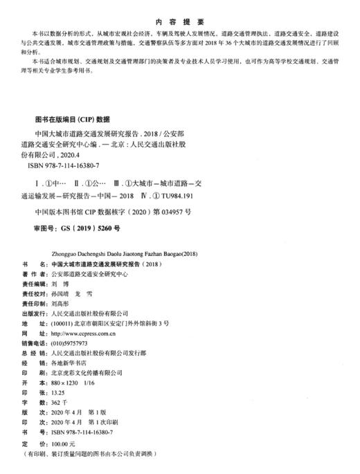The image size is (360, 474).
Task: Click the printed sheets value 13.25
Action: point(60,392)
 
